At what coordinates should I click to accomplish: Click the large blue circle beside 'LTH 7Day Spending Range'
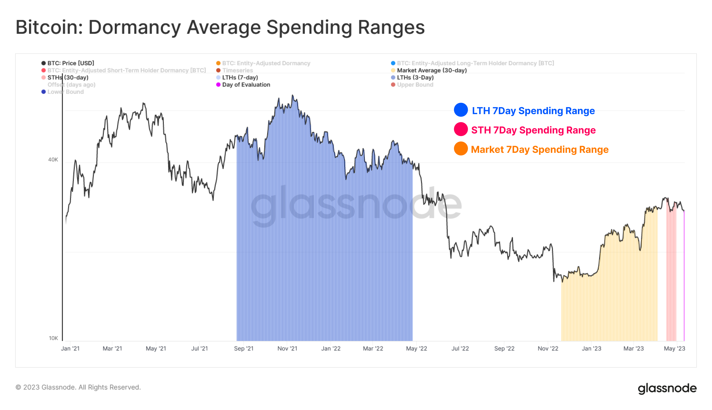[461, 110]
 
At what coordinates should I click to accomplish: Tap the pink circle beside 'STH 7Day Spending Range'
[461, 129]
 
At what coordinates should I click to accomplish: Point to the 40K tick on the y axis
[53, 160]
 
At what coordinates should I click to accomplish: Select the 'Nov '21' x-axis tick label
[287, 348]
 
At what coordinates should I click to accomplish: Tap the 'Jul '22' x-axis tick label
[460, 348]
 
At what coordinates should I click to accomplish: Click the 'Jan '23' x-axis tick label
[591, 348]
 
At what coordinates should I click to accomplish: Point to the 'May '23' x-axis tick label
[674, 348]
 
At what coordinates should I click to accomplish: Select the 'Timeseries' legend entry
[237, 70]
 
